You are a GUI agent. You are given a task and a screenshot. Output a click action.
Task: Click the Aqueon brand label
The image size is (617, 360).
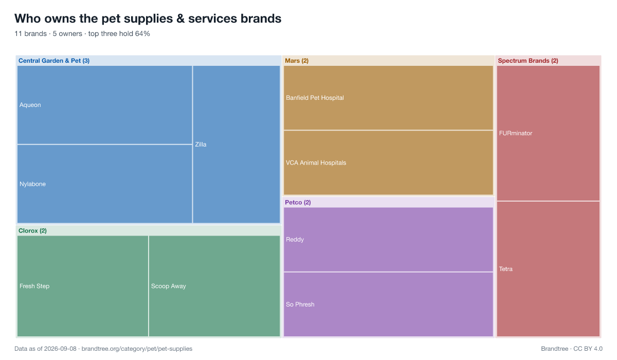point(30,105)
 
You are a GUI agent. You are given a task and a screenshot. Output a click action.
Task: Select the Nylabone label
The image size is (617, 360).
point(32,184)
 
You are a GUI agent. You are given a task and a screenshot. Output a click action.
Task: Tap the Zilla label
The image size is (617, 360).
point(201,145)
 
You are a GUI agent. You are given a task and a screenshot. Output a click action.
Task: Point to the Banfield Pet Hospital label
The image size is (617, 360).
point(315,98)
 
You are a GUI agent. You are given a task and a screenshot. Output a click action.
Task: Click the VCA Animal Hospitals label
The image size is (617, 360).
point(316,163)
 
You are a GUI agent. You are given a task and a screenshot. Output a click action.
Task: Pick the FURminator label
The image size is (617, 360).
point(516,133)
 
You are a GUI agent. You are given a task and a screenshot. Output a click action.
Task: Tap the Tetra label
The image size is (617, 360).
point(506,269)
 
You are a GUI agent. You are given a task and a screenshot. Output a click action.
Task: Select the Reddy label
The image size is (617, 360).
point(295,240)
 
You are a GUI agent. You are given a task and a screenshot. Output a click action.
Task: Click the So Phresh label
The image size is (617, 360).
point(300,304)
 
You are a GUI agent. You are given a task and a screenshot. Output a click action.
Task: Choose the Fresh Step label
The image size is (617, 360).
point(34,286)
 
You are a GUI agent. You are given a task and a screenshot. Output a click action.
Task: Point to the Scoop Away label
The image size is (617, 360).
point(168,286)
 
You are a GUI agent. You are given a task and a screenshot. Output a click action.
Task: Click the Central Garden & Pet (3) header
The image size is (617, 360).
point(54,61)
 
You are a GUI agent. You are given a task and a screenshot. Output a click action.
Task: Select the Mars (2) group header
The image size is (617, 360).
point(297,61)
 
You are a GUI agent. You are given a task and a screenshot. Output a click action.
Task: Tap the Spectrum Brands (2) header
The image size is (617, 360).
point(528,61)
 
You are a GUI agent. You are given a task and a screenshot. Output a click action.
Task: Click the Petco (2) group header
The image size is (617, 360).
point(298,203)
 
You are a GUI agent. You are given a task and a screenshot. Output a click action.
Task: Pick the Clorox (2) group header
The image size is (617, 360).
point(32,231)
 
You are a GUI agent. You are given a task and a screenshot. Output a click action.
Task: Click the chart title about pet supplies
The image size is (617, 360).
point(148,19)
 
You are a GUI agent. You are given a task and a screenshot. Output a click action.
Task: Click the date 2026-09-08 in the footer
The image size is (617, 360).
point(60,349)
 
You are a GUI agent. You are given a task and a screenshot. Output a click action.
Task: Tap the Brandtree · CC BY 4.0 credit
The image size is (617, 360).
point(572,349)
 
